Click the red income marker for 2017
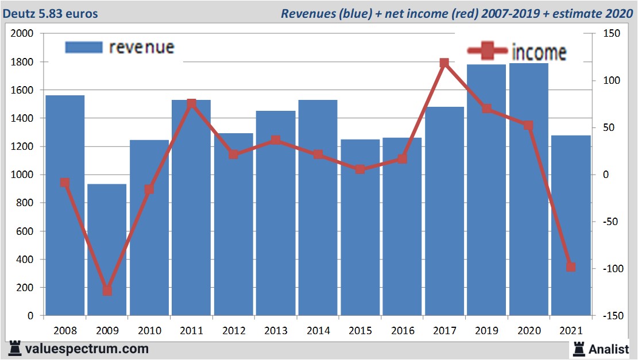tap(444, 63)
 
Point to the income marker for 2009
tap(107, 291)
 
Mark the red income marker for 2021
tap(571, 267)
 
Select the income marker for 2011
tap(191, 104)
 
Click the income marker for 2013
tap(276, 140)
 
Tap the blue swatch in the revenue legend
tap(84, 47)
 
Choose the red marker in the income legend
tap(488, 52)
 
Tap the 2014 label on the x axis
tap(318, 331)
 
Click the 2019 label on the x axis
tap(486, 331)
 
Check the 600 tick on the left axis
tap(26, 231)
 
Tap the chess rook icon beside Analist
tap(578, 348)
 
